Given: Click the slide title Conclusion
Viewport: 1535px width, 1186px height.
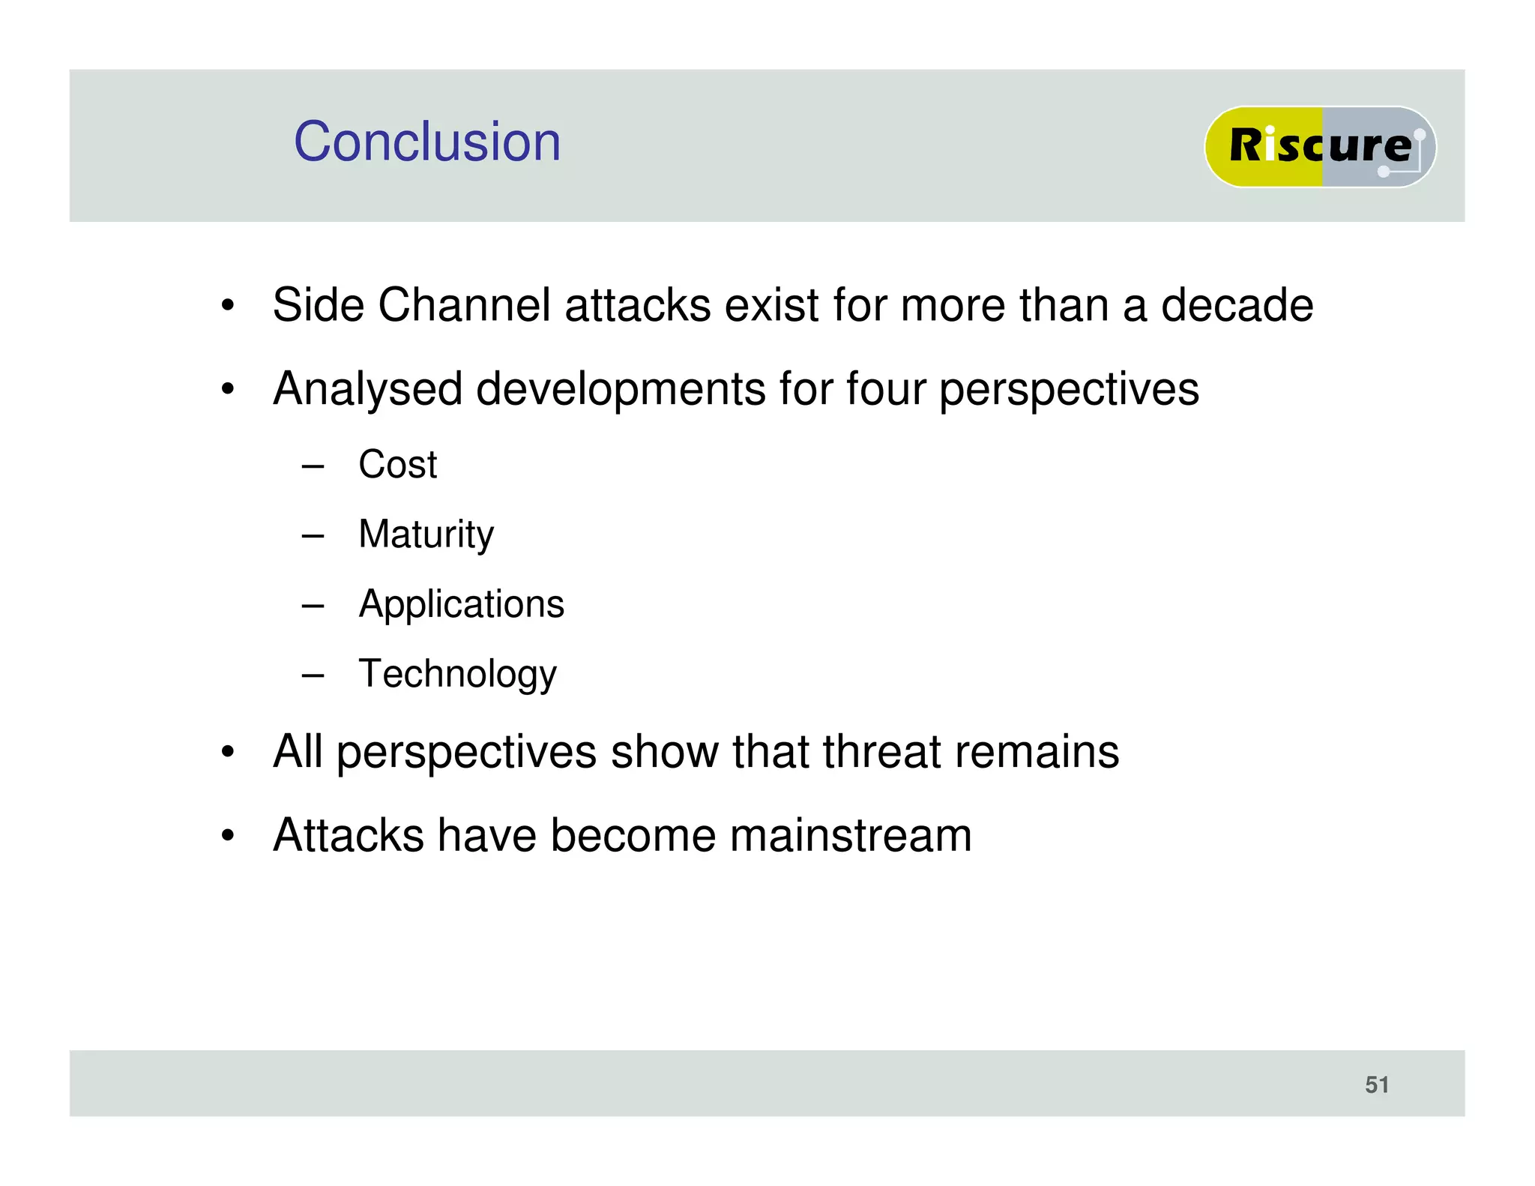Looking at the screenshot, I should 426,142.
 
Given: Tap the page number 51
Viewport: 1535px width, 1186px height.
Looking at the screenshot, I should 1377,1084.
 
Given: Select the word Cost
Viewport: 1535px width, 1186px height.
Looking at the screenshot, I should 397,464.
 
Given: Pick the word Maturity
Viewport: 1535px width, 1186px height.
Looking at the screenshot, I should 426,535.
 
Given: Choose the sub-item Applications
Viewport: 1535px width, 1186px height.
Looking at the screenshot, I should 461,604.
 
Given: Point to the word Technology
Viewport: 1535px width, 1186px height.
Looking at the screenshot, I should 457,674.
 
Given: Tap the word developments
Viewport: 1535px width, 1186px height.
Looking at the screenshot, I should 620,390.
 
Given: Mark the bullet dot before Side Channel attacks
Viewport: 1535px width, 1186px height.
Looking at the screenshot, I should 228,306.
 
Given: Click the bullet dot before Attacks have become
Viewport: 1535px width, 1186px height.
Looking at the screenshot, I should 228,836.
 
